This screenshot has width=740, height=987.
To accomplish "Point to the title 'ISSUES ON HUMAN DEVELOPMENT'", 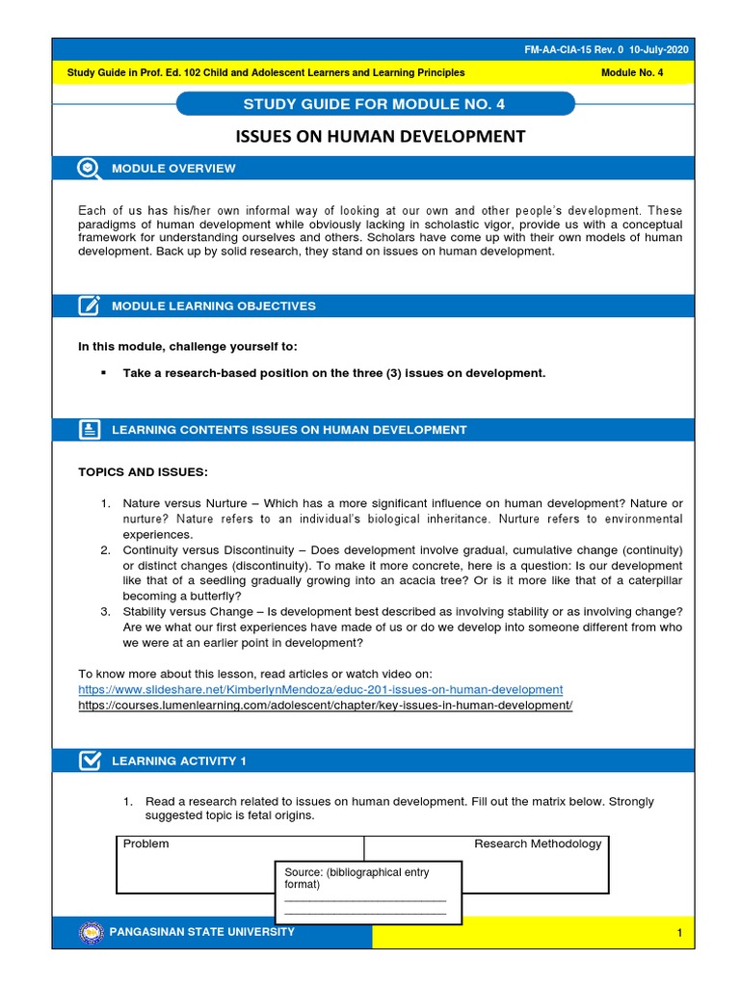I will click(381, 136).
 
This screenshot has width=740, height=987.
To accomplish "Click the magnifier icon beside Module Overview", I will click(89, 168).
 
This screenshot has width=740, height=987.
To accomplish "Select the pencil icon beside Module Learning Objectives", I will click(89, 306).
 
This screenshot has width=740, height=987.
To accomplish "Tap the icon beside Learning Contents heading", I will click(89, 430).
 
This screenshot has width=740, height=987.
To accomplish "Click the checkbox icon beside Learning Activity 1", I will click(89, 760).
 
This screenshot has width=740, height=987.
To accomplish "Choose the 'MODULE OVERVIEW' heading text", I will click(173, 168).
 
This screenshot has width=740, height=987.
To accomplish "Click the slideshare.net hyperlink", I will click(320, 689).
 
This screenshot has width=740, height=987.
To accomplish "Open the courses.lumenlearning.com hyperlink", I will click(325, 706).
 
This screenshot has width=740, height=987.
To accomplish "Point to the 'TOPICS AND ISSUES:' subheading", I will click(142, 471).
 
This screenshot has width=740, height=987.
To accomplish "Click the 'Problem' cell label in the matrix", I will click(145, 843).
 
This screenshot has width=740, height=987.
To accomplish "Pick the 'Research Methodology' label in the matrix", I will click(537, 843).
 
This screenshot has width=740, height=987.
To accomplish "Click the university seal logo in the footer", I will click(92, 932).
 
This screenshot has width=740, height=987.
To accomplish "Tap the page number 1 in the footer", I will click(678, 933).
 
